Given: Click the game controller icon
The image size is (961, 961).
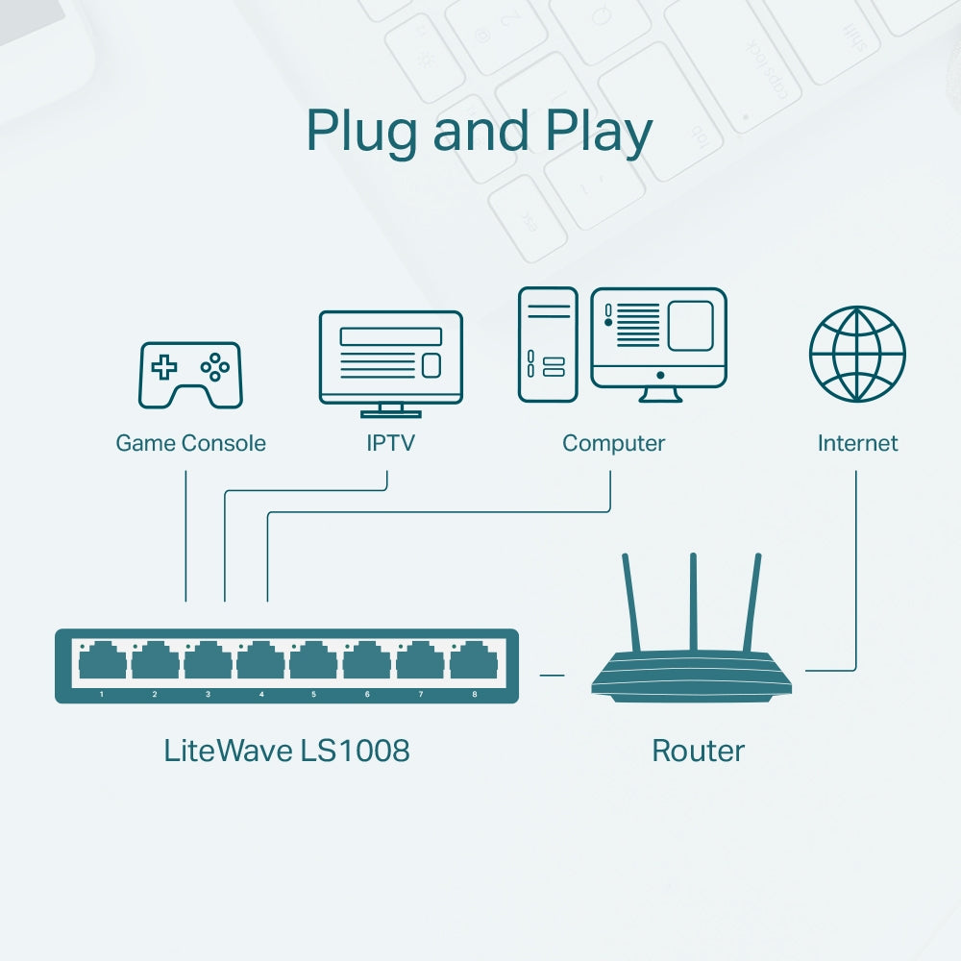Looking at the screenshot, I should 190,375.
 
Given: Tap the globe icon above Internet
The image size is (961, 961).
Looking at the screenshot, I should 857,353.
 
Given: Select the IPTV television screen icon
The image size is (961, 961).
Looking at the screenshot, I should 390,357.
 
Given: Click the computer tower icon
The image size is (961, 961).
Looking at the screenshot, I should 548,344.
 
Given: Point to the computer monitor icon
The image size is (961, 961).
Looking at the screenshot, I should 658,337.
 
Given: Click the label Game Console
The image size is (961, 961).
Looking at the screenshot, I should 190,443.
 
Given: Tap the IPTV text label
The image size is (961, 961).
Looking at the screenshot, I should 390,443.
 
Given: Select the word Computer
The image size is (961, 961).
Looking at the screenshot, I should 613,443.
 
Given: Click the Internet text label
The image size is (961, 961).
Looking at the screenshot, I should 857,443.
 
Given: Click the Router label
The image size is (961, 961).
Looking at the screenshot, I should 698,751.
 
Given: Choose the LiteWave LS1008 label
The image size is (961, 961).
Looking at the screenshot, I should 286,751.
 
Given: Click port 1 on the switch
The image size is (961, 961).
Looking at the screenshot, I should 101,663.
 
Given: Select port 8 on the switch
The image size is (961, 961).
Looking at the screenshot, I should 473,663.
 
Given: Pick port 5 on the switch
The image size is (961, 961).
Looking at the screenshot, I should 313,663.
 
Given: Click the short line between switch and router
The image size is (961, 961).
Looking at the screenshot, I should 552,675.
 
